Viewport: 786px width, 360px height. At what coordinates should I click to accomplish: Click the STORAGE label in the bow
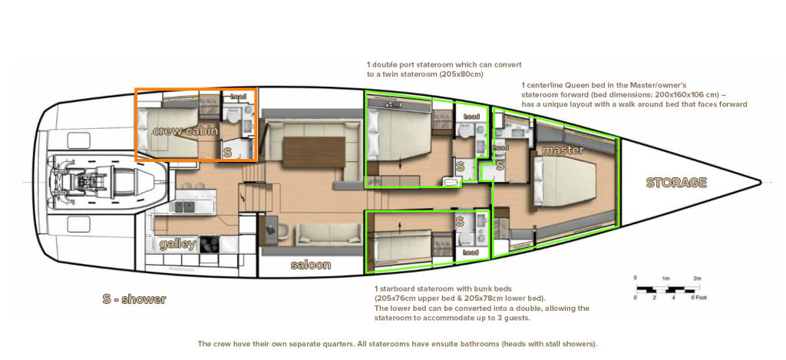coord(676,183)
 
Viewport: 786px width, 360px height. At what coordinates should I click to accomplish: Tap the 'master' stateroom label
coord(563,150)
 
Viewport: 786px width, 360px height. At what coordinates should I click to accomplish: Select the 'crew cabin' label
coord(186,131)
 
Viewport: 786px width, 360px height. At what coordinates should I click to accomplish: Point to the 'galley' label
coord(177,244)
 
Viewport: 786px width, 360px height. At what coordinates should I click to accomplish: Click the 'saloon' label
coord(311,264)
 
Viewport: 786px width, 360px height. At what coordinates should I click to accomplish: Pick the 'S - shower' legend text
coord(134,299)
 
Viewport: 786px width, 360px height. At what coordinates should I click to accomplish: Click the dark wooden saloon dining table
coord(314,152)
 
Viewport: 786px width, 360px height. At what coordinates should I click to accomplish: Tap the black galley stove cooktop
coord(210,244)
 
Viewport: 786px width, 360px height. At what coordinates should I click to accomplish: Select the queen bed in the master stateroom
coord(564,180)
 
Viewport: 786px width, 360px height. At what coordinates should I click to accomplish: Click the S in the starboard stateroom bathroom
coord(460,220)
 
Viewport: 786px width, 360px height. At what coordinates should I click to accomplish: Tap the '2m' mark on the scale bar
coord(697,278)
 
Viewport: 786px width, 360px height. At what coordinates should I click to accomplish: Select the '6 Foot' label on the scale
coord(698,298)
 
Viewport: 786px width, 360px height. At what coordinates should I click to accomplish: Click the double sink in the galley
coord(183,206)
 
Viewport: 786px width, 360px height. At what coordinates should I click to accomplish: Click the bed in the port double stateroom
coord(398,135)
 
